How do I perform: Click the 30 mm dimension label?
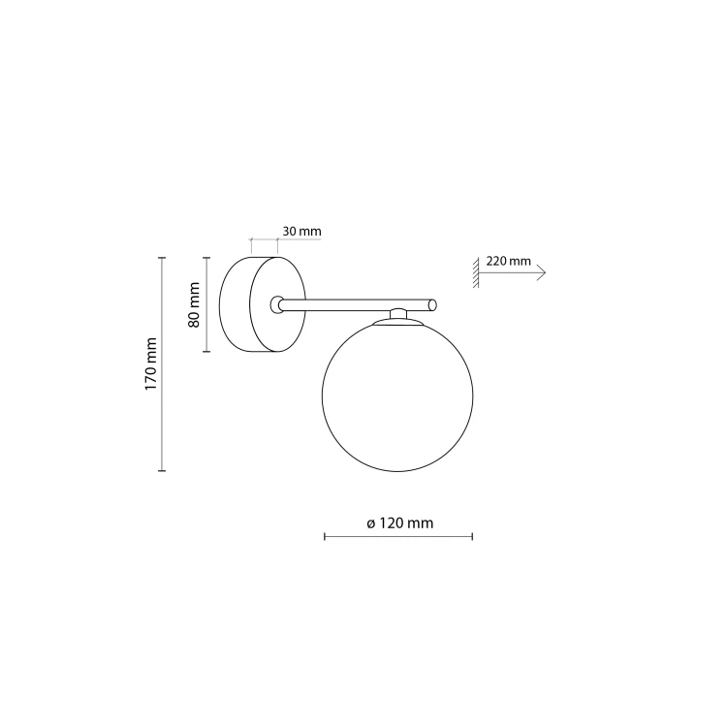pyautogui.click(x=301, y=231)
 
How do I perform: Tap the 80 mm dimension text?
pyautogui.click(x=194, y=304)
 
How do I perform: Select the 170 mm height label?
pyautogui.click(x=150, y=363)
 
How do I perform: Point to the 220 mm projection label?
pyautogui.click(x=508, y=261)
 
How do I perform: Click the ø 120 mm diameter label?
pyautogui.click(x=399, y=523)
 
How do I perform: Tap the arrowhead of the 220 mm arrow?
pyautogui.click(x=541, y=272)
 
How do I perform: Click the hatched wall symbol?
pyautogui.click(x=476, y=272)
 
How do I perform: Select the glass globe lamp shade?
pyautogui.click(x=397, y=395)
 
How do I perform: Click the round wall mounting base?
pyautogui.click(x=263, y=304)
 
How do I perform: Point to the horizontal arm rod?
pyautogui.click(x=358, y=305)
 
